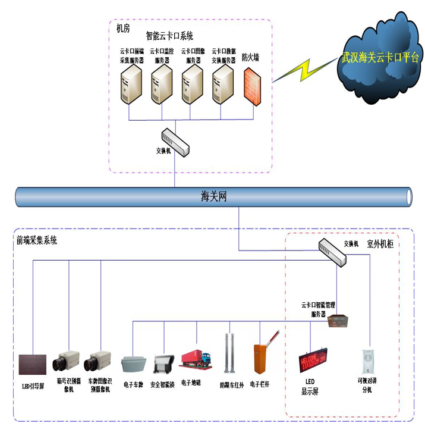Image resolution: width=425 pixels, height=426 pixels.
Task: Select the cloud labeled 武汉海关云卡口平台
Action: point(379,58)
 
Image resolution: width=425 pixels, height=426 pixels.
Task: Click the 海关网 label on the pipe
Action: point(214,197)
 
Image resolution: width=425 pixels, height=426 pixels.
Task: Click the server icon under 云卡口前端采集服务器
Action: point(131,85)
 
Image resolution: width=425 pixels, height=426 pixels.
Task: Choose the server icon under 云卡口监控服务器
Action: point(162,85)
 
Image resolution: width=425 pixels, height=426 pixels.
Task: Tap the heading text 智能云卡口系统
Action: point(169,36)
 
